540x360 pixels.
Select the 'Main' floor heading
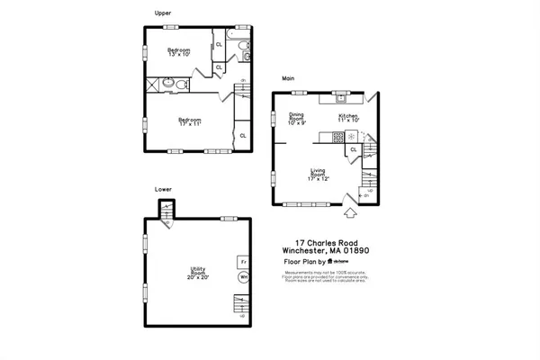(288, 78)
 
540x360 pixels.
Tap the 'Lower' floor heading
(163, 190)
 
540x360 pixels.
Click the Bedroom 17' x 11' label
(189, 121)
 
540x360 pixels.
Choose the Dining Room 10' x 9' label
(297, 118)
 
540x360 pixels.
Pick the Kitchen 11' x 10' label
(348, 118)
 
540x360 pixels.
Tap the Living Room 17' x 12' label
(319, 175)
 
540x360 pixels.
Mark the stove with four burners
(338, 138)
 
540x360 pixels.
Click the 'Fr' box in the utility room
(242, 262)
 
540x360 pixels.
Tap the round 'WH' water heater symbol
(242, 278)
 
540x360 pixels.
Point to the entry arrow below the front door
(350, 213)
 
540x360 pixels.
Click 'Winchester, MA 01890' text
(325, 251)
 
